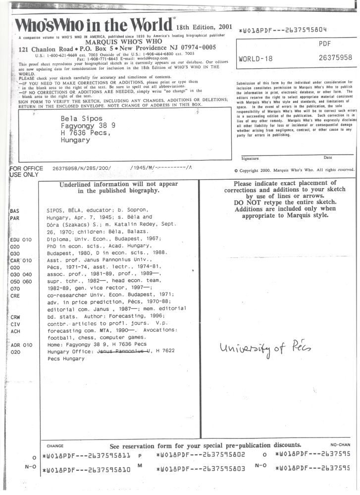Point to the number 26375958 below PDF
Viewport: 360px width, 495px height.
point(335,58)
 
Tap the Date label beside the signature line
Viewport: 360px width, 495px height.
point(327,157)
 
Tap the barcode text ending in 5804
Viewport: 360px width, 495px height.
point(283,30)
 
